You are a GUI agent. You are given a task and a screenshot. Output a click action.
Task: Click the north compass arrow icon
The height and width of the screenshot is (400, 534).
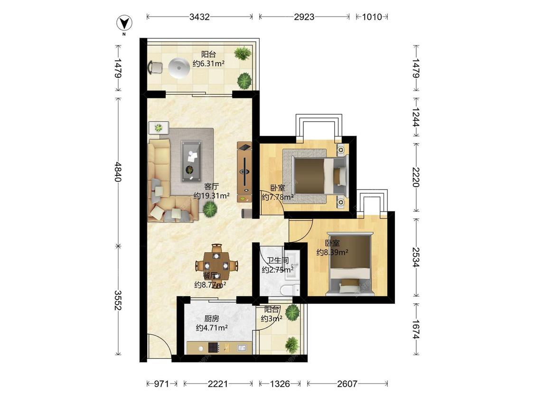pyautogui.click(x=124, y=23)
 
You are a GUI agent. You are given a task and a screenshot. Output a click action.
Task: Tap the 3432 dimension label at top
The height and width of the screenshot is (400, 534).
pyautogui.click(x=199, y=17)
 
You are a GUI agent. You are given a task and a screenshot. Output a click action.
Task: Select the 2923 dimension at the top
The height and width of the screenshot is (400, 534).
pyautogui.click(x=304, y=17)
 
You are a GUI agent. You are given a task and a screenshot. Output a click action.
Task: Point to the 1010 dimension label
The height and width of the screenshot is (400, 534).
pyautogui.click(x=372, y=17)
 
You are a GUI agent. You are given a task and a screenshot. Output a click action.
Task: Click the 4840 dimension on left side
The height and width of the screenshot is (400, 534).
pyautogui.click(x=118, y=172)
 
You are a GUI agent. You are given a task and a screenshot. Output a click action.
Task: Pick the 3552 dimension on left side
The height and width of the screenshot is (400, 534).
pyautogui.click(x=118, y=300)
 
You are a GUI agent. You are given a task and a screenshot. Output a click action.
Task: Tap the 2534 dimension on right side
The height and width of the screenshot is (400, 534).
pyautogui.click(x=416, y=257)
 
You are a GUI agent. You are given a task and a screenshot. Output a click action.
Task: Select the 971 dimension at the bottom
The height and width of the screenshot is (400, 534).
pyautogui.click(x=161, y=384)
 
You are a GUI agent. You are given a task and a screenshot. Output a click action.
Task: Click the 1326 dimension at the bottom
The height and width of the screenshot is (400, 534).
pyautogui.click(x=280, y=384)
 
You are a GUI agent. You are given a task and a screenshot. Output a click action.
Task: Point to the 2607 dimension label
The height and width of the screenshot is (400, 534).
pyautogui.click(x=347, y=384)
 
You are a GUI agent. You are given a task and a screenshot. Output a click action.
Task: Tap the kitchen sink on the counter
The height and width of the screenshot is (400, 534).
pyautogui.click(x=242, y=347)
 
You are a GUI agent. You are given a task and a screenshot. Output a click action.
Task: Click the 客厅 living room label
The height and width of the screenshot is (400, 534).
pyautogui.click(x=212, y=186)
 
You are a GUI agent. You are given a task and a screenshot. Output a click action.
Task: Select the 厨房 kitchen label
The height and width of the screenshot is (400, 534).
pyautogui.click(x=212, y=318)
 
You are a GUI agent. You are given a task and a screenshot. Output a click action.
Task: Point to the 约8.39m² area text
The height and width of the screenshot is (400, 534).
pyautogui.click(x=332, y=253)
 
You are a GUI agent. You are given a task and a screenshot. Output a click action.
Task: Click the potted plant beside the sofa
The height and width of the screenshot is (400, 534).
pyautogui.click(x=210, y=208)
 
